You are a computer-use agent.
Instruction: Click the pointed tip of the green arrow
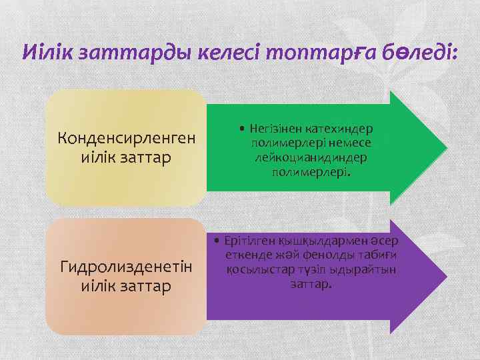pyautogui.click(x=445, y=147)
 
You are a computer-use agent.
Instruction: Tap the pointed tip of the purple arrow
pyautogui.click(x=445, y=275)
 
